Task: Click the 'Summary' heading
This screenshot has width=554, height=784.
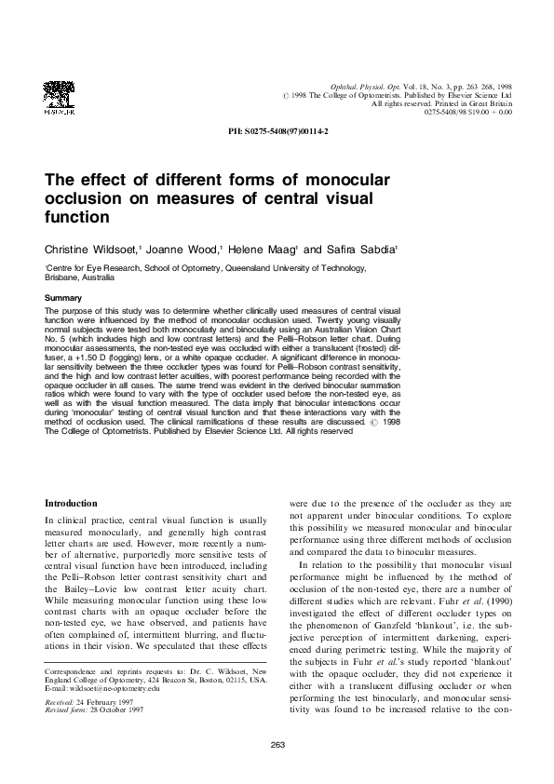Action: point(63,298)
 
